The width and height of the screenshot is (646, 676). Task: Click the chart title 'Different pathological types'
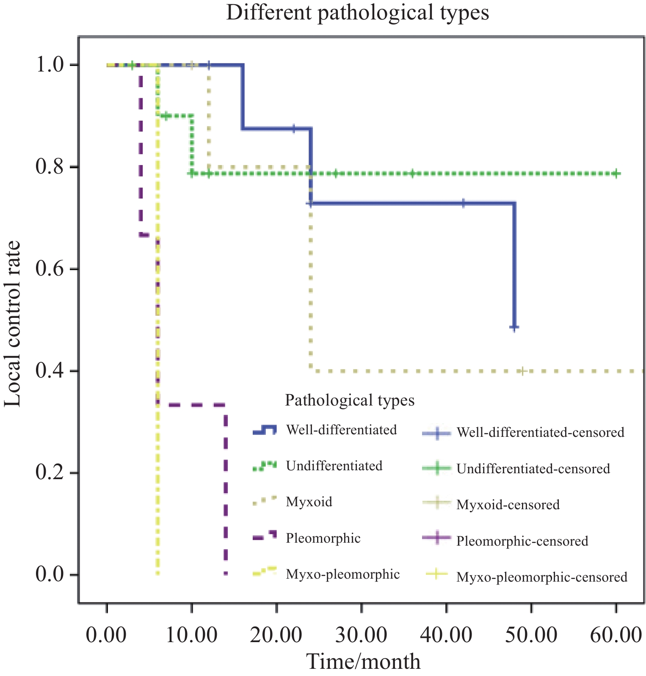[x=357, y=13]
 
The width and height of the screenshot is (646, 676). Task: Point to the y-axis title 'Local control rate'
[x=13, y=324]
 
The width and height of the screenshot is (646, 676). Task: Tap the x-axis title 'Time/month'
[x=363, y=662]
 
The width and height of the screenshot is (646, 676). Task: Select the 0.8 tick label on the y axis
[x=52, y=167]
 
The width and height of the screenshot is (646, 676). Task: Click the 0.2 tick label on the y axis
[x=52, y=473]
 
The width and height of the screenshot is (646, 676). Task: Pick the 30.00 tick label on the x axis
[x=361, y=636]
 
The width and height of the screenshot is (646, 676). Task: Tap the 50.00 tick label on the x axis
[x=531, y=636]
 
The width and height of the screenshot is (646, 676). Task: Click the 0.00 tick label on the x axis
[x=106, y=636]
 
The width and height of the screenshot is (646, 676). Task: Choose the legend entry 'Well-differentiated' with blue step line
[x=341, y=430]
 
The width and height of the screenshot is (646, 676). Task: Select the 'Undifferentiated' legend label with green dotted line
[x=334, y=466]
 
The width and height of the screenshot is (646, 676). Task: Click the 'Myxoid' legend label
[x=309, y=502]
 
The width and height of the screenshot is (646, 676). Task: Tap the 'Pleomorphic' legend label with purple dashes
[x=323, y=538]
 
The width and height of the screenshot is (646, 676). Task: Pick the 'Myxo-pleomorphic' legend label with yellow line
[x=342, y=574]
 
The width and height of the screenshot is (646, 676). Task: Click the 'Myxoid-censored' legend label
[x=508, y=505]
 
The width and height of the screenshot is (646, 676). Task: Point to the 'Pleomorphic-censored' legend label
[x=522, y=541]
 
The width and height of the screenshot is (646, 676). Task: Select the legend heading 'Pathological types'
[x=350, y=400]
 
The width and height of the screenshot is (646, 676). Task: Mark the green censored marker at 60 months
[x=616, y=174]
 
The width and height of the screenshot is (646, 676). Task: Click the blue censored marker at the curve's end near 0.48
[x=514, y=328]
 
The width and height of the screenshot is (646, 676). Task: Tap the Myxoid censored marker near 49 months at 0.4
[x=523, y=371]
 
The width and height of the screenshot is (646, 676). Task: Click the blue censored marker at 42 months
[x=464, y=203]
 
